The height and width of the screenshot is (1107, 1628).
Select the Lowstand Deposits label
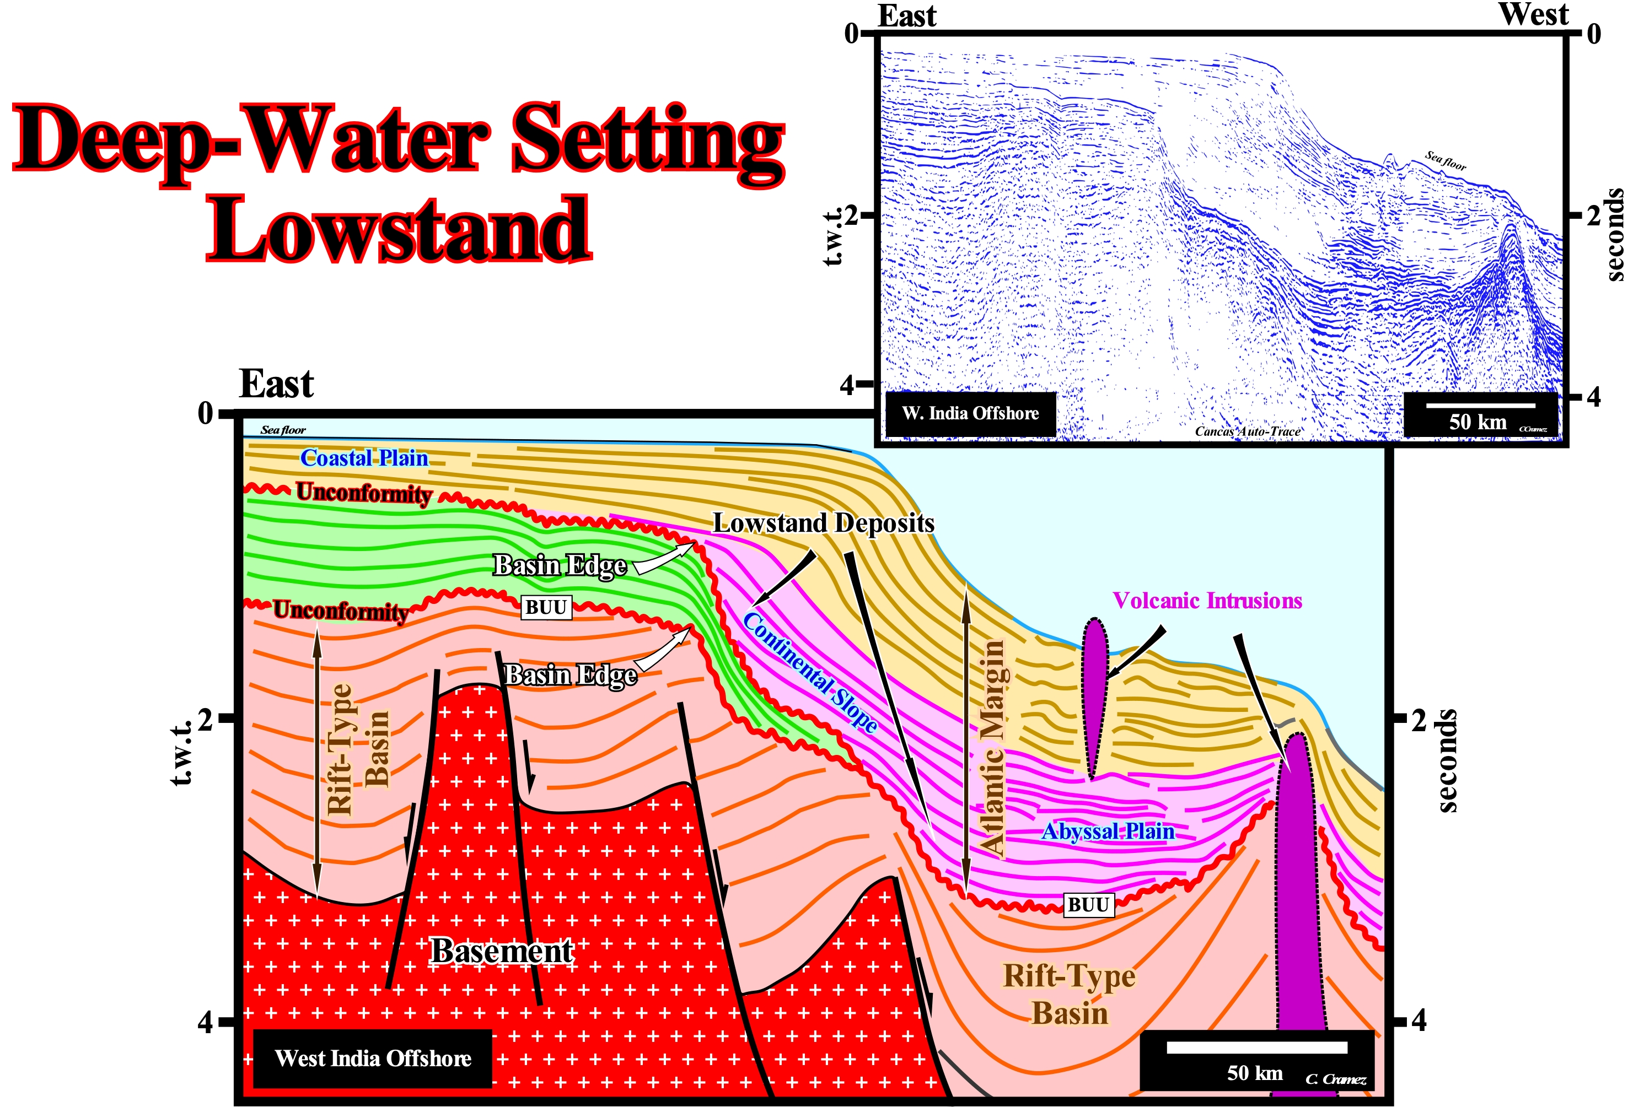pos(823,523)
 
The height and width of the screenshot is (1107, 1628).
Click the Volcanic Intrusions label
pos(1207,600)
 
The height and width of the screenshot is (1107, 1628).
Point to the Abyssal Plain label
pos(1108,831)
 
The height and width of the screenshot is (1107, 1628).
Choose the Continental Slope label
pos(810,672)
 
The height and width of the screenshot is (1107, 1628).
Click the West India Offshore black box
pos(372,1058)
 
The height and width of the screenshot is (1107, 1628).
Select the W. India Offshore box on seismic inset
pos(970,413)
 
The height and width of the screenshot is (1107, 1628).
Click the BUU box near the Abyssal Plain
pos(1088,905)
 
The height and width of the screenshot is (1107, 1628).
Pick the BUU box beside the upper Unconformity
pos(546,607)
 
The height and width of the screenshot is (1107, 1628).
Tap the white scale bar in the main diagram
pos(1257,1047)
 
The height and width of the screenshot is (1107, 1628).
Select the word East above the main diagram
pos(276,383)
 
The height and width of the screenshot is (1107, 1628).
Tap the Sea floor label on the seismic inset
pos(1445,161)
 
